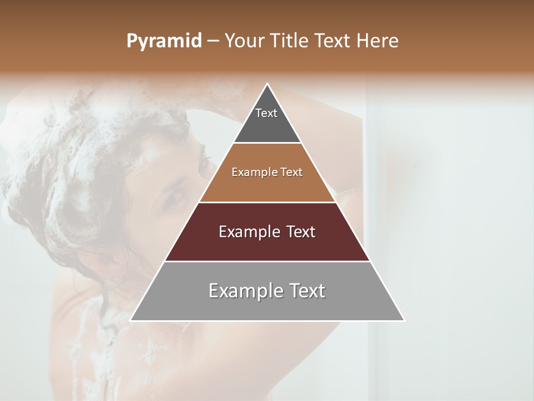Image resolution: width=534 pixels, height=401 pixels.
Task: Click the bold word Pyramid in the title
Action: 164,41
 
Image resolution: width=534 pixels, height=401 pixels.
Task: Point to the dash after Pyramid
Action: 212,41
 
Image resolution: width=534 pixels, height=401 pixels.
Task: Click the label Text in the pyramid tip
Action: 266,113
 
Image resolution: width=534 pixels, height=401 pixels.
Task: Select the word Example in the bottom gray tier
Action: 245,291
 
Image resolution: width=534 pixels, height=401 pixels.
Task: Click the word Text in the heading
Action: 332,41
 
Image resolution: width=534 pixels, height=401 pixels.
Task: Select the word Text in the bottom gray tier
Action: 305,291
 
